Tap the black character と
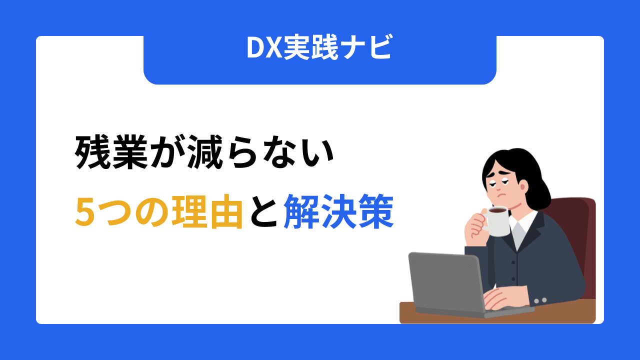coord(263,212)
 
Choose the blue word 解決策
coord(338,212)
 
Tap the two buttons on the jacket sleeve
coord(540,300)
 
